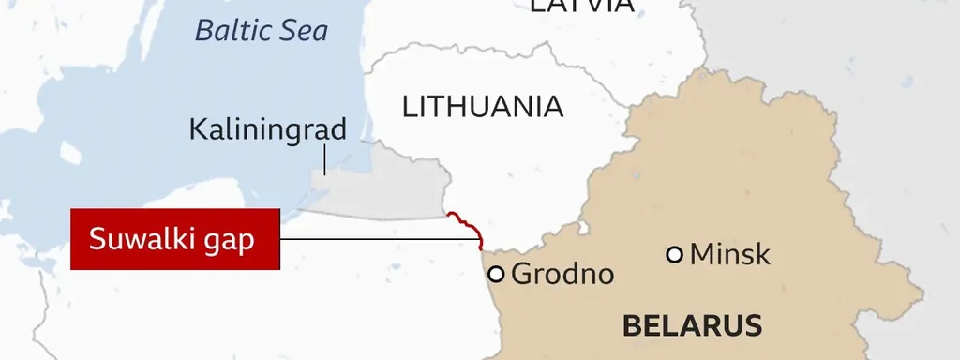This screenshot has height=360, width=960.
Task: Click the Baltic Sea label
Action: click(x=262, y=31)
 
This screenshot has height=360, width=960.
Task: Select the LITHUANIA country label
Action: click(x=483, y=107)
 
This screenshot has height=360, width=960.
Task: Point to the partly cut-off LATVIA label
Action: click(x=582, y=6)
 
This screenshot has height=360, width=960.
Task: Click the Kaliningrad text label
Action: click(x=268, y=130)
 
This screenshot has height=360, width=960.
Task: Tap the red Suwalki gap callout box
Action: click(x=175, y=239)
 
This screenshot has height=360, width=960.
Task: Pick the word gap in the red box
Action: click(x=231, y=241)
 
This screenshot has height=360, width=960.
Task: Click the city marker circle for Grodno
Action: click(x=497, y=274)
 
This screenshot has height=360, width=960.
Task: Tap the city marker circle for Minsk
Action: click(x=674, y=254)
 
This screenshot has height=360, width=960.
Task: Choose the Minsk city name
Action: click(x=729, y=254)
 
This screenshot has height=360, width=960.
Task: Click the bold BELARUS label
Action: click(x=692, y=326)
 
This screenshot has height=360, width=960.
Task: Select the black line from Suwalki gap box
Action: click(x=375, y=239)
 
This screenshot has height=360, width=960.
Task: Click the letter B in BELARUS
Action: click(x=631, y=326)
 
